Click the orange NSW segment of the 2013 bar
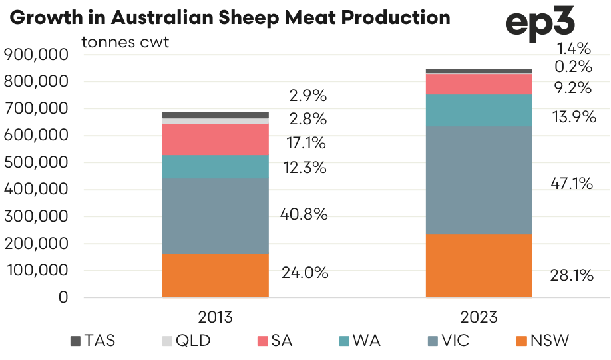[216, 275]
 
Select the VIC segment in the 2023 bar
[479, 180]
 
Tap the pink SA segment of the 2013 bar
[216, 139]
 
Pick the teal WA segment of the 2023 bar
[479, 110]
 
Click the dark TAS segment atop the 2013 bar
[216, 115]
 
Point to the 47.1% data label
[572, 183]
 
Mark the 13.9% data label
[572, 118]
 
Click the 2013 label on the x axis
[216, 317]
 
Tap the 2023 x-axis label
[479, 317]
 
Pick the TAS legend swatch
[75, 341]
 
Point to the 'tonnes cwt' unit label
[125, 42]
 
